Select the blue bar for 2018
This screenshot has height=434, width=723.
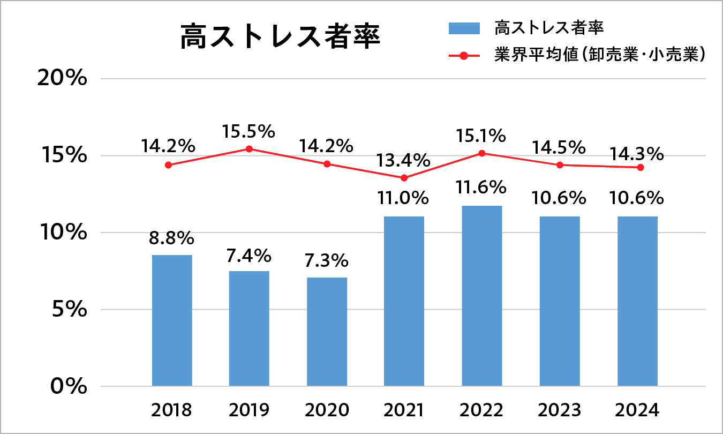172,320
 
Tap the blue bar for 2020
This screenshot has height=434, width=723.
327,332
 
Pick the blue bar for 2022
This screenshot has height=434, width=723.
481,296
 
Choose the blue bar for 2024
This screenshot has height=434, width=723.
637,301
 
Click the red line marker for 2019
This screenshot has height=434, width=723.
249,149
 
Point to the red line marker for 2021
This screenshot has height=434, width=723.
404,178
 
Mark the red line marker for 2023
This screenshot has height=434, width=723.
560,165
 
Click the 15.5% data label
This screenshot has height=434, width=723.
249,131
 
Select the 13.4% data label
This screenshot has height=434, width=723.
404,160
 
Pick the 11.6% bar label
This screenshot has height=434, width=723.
481,188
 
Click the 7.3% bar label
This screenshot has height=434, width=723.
327,261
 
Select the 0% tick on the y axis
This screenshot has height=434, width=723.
69,386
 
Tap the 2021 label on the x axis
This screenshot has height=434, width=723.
404,410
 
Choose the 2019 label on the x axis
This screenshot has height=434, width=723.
249,410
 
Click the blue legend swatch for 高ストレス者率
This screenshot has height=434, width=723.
465,28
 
